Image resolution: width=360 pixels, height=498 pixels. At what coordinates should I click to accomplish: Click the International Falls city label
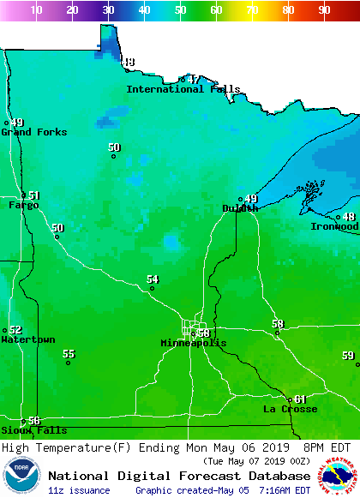(183, 89)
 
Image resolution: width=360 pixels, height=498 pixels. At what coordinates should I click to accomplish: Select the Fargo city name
(24, 205)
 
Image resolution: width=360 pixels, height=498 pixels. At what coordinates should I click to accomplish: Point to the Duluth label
(240, 208)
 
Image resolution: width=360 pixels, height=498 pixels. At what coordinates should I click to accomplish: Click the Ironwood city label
(334, 226)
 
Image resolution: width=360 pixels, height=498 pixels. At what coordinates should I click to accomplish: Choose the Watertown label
(27, 339)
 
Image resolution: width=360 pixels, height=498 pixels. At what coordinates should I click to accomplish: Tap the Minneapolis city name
(194, 343)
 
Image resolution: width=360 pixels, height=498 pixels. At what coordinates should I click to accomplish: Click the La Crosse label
(290, 409)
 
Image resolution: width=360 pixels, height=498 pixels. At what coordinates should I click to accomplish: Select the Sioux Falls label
(22, 430)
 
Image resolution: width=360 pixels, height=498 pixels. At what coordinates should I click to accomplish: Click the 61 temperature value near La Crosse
(300, 399)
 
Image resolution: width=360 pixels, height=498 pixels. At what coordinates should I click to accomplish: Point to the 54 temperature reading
(153, 279)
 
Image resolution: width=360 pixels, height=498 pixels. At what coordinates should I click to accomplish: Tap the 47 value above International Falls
(194, 79)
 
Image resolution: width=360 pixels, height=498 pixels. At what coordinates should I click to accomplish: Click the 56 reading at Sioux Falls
(34, 421)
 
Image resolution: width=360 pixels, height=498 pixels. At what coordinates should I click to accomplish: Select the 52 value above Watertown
(15, 330)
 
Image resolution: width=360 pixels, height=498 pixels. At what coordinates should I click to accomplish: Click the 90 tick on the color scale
(324, 9)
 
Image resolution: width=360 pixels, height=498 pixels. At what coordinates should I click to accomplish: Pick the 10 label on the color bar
(36, 9)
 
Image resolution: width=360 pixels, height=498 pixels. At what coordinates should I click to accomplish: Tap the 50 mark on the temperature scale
(180, 9)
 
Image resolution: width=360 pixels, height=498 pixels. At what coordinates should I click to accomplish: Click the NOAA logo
(21, 476)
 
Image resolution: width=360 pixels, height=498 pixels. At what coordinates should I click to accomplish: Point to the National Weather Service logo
(339, 477)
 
